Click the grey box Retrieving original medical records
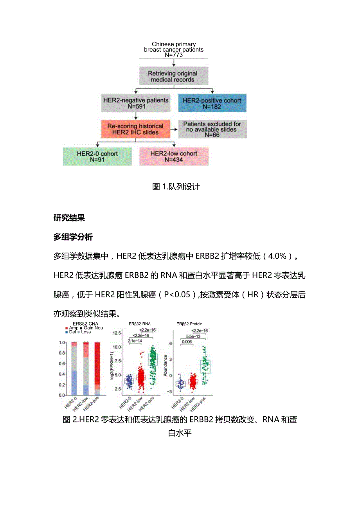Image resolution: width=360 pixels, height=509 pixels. (173, 76)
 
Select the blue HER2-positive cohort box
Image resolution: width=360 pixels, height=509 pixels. (212, 103)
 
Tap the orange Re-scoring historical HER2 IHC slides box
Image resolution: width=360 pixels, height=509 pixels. (135, 129)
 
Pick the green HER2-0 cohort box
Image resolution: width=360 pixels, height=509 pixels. (97, 156)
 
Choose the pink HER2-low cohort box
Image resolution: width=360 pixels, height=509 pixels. (174, 156)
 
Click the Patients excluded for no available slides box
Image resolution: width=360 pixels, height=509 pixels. (212, 129)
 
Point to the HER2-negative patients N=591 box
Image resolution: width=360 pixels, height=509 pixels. (135, 103)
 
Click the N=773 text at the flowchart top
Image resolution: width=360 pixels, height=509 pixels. (173, 55)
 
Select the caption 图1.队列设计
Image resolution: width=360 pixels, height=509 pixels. (176, 187)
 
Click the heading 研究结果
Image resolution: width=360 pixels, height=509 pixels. (69, 218)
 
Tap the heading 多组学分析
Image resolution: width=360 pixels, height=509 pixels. (73, 237)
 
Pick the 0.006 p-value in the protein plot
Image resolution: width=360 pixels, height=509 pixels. (187, 342)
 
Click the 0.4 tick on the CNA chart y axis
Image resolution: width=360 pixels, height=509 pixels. (62, 374)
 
